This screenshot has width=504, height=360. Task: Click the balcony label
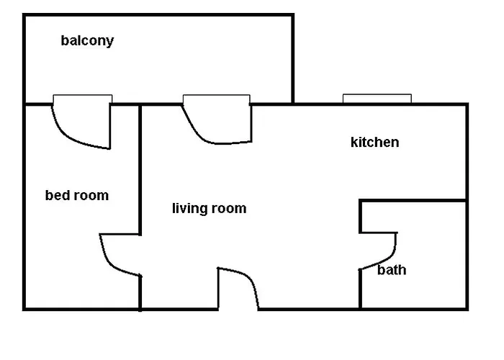pos(87,41)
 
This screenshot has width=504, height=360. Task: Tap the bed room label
pos(77,195)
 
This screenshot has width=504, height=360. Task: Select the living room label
pos(210,209)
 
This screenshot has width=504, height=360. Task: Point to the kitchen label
pos(375,142)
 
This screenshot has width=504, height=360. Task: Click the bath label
pos(392,270)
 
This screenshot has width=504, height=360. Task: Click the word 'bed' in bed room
pos(56,195)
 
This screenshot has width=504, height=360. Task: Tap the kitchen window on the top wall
pos(377,99)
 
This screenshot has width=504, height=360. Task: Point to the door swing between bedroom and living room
pos(109,264)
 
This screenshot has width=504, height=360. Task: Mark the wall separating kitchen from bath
pos(413,201)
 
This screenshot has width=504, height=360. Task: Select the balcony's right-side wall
pos(293,59)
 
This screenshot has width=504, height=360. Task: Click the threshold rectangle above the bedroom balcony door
pos(83,99)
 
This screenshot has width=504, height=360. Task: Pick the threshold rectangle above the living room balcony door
pos(216,99)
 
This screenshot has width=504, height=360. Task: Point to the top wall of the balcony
pos(158,15)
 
